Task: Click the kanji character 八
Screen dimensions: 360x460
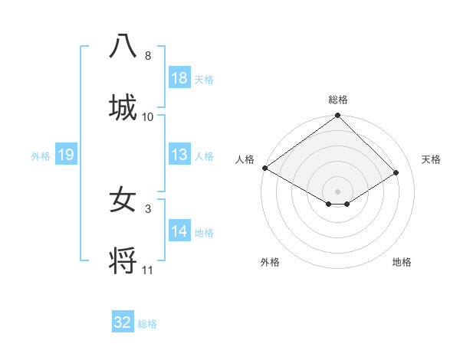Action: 123,47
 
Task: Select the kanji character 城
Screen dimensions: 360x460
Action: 123,107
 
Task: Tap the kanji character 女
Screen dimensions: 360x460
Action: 123,200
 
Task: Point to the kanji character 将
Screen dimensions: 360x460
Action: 123,260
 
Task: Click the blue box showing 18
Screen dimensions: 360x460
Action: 179,77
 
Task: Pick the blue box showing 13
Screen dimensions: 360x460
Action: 179,155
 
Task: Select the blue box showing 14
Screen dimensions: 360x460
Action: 179,231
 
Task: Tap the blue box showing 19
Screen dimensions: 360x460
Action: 66,155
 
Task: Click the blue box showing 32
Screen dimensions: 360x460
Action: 123,322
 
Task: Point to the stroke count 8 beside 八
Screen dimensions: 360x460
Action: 148,56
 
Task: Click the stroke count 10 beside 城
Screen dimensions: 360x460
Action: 148,116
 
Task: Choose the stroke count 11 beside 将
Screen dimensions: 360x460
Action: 148,270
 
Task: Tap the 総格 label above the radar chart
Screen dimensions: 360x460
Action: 338,100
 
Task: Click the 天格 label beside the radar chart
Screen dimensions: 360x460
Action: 432,159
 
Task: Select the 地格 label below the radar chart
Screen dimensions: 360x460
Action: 402,262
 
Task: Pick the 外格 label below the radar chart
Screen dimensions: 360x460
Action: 270,262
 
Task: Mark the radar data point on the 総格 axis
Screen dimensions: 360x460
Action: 337,116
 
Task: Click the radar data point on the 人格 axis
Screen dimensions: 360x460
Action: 264,168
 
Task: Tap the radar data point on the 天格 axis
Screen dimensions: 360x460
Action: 396,172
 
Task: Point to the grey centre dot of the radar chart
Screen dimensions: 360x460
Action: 337,191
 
